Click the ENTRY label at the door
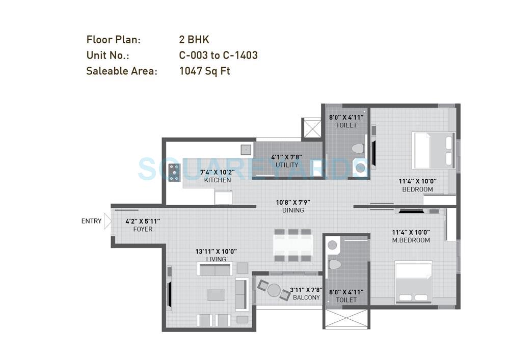pyautogui.click(x=91, y=221)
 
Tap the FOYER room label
pyautogui.click(x=143, y=229)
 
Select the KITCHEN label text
pyautogui.click(x=217, y=180)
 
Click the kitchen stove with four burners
pyautogui.click(x=174, y=172)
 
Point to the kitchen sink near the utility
pyautogui.click(x=246, y=149)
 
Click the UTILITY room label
pyautogui.click(x=287, y=165)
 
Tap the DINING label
pyautogui.click(x=293, y=210)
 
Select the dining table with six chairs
pyautogui.click(x=292, y=245)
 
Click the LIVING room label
pyautogui.click(x=216, y=259)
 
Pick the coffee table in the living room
pyautogui.click(x=216, y=295)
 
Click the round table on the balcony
pyautogui.click(x=274, y=290)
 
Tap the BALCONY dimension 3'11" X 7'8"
pyautogui.click(x=305, y=290)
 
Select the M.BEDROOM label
pyautogui.click(x=411, y=240)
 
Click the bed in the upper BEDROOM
pyautogui.click(x=433, y=150)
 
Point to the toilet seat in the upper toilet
pyautogui.click(x=358, y=149)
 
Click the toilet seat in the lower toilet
pyautogui.click(x=335, y=264)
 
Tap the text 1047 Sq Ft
pyautogui.click(x=204, y=71)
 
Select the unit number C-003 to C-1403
pyautogui.click(x=218, y=55)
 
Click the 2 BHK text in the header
pyautogui.click(x=194, y=40)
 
